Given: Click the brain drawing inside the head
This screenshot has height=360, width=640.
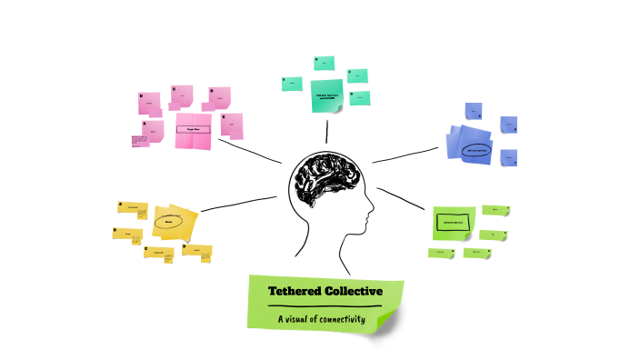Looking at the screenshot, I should [x=325, y=178].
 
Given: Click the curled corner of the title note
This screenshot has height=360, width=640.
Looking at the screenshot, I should [x=388, y=319].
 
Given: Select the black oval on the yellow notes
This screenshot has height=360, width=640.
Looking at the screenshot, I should [x=169, y=220].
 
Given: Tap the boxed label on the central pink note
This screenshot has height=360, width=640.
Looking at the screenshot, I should [x=193, y=130].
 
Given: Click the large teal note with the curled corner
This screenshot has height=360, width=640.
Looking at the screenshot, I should [x=325, y=95].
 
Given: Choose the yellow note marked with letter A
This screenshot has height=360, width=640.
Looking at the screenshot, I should [x=132, y=208].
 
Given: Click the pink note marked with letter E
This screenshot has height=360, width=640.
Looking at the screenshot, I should [x=232, y=125].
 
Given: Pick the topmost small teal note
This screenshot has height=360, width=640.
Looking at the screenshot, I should [x=324, y=63].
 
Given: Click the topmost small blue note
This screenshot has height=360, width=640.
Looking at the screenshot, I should [x=473, y=110].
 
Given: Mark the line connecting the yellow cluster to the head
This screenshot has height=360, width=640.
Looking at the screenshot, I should [x=238, y=204].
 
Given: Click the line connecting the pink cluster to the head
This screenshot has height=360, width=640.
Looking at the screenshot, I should [x=255, y=154].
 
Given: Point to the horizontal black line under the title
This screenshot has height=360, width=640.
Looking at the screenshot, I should [x=324, y=306].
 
